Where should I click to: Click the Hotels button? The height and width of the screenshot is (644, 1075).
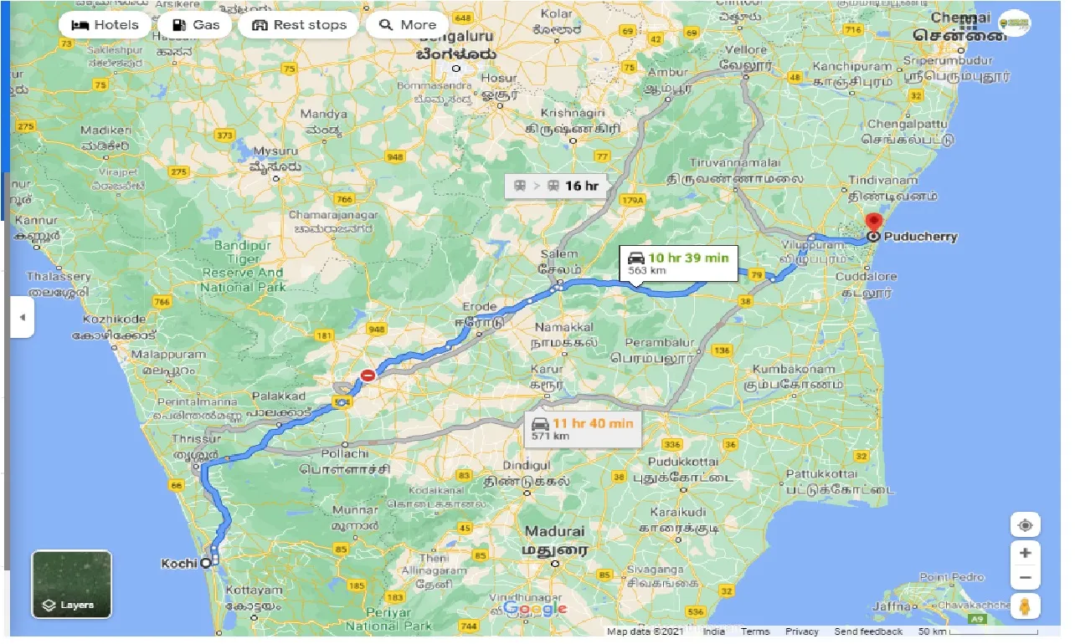(105, 25)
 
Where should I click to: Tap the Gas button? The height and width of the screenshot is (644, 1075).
(196, 25)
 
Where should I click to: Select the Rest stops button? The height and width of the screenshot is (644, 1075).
(299, 25)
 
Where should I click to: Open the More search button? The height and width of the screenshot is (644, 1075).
(408, 25)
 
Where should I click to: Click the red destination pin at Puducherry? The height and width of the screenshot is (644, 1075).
(873, 223)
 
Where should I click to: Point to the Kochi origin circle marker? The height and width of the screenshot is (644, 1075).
(206, 564)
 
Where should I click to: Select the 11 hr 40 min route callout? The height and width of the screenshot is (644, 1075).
(583, 428)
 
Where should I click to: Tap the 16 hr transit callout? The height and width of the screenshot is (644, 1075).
(556, 186)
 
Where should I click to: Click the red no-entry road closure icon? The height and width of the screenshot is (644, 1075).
(368, 376)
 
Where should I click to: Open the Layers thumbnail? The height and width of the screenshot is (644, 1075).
(71, 584)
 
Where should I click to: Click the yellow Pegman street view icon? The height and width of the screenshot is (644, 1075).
(1025, 606)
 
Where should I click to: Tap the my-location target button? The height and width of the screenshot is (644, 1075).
(1025, 525)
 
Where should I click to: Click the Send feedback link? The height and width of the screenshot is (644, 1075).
(868, 632)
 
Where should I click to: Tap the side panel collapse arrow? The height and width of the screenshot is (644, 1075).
(23, 318)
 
